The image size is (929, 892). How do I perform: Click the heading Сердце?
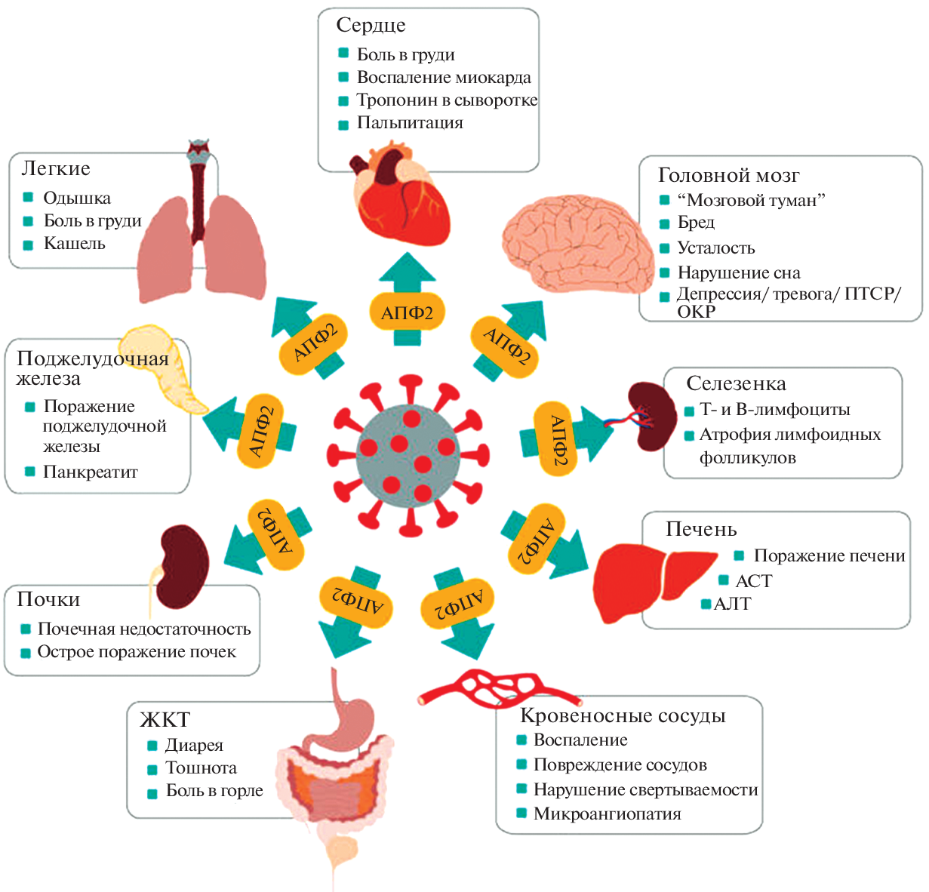[371, 26]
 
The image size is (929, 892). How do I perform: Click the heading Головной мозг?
[728, 176]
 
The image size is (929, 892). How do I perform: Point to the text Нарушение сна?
[738, 272]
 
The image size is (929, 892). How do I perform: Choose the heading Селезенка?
[736, 384]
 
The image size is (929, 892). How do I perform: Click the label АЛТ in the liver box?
[732, 604]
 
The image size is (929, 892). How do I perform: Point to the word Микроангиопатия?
[607, 814]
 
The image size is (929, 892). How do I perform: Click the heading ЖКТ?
[165, 720]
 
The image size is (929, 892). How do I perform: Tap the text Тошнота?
[201, 768]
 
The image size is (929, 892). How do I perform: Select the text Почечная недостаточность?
[143, 629]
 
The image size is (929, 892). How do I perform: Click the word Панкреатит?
[91, 472]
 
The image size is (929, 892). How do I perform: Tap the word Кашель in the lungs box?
[74, 244]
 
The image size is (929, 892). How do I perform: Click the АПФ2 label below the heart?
[407, 312]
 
